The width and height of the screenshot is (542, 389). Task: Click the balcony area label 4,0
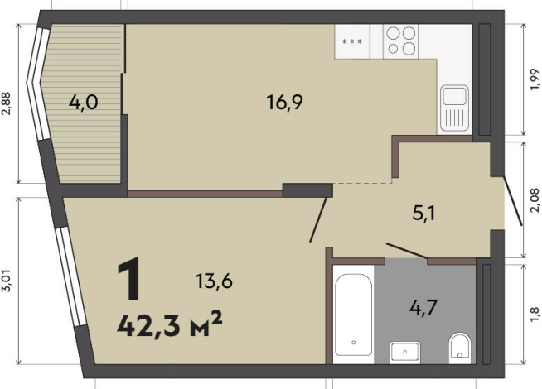coord(84,103)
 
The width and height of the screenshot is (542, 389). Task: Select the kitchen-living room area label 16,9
coord(284,102)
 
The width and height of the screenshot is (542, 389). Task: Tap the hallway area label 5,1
coord(423,214)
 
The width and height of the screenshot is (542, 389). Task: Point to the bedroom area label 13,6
coord(214,281)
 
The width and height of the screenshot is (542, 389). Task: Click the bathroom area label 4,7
coord(423,307)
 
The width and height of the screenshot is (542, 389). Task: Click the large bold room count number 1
coord(129,279)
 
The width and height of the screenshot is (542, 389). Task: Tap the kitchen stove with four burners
coord(400,41)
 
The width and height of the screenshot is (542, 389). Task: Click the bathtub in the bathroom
coord(353,315)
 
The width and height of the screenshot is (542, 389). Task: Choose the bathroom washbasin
coord(405,353)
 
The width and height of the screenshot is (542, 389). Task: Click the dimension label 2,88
coord(7,103)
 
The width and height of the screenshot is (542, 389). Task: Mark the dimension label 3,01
coord(7,281)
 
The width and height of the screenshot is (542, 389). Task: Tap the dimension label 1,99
coord(534,79)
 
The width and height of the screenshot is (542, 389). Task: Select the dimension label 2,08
coord(534,200)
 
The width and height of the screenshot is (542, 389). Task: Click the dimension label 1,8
coord(534,315)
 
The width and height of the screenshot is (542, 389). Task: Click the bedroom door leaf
coord(318,219)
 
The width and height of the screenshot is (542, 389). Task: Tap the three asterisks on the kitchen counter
coord(352,41)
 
